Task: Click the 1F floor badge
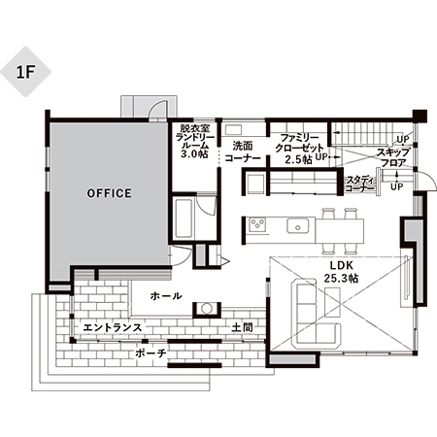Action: point(25,72)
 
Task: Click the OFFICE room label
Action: point(110,193)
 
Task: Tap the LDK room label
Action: point(342,265)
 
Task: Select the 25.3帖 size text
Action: point(342,278)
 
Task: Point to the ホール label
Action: point(166,295)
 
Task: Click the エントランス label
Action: point(113,327)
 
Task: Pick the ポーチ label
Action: point(151,353)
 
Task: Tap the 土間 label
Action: point(242,327)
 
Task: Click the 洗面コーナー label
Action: point(243,152)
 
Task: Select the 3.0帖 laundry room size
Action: point(194,153)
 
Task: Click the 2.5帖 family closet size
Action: point(298,159)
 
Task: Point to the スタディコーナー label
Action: point(360,185)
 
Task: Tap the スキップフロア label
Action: point(393,157)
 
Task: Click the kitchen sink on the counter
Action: point(297,225)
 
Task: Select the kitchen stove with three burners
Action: point(257,224)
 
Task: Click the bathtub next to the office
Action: point(184,218)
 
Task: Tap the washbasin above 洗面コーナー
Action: point(233,130)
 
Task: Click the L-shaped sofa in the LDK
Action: point(316,313)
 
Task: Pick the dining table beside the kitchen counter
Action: point(340,231)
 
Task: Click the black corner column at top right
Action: point(420,116)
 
